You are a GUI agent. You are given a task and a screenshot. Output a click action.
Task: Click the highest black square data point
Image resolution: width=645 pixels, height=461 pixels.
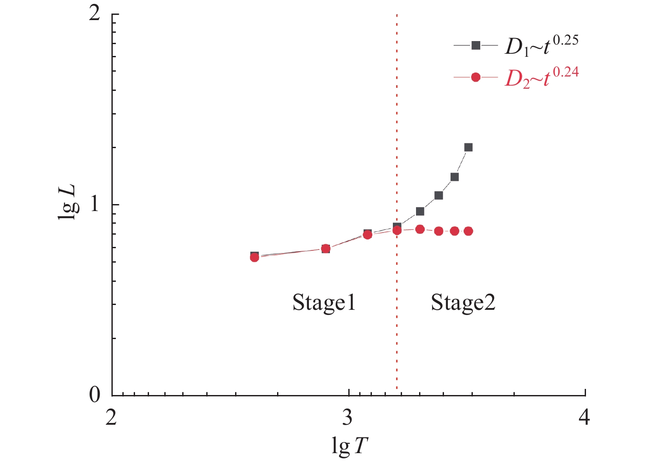[468, 147]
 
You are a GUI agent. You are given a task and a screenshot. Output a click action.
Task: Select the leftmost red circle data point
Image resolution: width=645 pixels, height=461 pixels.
[254, 257]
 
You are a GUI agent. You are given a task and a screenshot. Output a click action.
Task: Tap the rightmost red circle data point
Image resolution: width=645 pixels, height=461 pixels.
[468, 231]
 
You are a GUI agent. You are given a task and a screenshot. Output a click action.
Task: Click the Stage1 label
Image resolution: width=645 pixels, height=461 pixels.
[324, 302]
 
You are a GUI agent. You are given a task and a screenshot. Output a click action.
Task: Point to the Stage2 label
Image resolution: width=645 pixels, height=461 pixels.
[463, 302]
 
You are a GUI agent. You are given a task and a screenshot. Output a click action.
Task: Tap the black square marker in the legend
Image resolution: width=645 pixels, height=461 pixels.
[476, 45]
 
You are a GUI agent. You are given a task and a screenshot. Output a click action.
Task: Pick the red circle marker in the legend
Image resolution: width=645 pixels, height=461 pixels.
[476, 78]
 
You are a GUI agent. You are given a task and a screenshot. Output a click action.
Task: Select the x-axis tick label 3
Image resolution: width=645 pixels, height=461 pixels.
[348, 418]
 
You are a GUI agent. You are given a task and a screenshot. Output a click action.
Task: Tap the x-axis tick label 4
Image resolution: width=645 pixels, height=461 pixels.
[585, 418]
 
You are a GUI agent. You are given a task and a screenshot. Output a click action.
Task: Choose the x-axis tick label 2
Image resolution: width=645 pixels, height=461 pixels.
[112, 418]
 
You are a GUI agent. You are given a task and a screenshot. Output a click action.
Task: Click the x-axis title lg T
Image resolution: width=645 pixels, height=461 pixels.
[350, 447]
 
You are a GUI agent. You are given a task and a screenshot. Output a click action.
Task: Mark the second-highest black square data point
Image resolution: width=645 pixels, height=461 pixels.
[454, 177]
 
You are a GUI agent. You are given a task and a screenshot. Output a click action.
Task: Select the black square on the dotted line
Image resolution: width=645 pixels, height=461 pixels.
[397, 226]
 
